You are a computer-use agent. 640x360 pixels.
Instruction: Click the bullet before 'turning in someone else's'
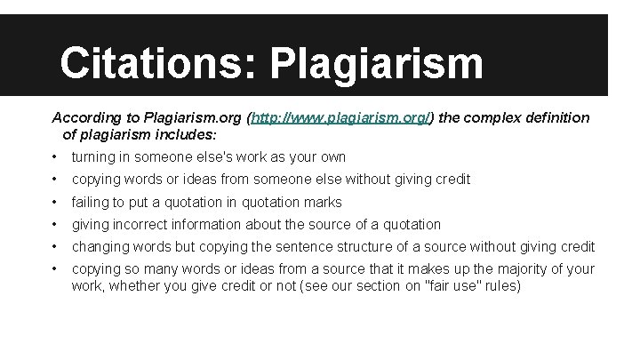tap(54, 157)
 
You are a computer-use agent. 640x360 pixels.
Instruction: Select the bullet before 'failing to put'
tap(54, 203)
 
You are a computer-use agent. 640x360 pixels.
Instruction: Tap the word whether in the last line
tap(136, 286)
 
